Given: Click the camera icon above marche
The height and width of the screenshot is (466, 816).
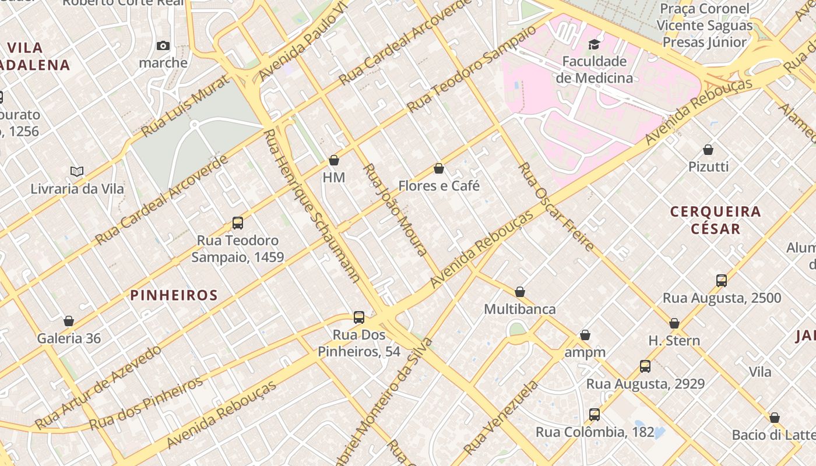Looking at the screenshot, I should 163,45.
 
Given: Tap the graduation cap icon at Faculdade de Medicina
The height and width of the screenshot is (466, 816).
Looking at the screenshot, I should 594,44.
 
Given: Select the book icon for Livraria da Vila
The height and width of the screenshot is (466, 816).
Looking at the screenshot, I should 77,171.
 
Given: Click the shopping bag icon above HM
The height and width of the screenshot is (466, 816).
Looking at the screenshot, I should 334,160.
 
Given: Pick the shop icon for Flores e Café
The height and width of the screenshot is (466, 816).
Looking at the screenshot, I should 439,168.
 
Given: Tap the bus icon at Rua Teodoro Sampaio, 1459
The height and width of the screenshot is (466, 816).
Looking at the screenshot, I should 237,223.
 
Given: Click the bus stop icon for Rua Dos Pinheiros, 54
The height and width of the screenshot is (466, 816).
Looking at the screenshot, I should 359,317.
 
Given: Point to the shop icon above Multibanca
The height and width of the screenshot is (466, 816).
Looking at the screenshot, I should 520,292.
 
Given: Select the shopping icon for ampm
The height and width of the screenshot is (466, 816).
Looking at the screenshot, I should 585,335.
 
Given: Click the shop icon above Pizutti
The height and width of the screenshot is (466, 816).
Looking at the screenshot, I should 708,150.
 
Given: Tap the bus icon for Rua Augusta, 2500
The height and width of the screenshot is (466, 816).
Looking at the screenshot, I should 722,281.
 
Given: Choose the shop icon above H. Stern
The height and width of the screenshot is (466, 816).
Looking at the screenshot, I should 674,323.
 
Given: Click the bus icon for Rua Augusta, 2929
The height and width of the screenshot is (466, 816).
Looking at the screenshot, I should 645,366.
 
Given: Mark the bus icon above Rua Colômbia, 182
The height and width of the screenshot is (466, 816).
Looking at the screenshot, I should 595,415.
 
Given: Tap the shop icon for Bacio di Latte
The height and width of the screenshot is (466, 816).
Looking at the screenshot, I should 775,418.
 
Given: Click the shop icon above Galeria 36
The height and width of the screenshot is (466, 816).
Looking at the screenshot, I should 69,321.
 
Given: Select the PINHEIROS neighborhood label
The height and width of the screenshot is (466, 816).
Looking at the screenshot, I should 174,295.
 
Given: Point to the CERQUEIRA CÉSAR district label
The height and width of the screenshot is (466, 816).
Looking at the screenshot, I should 716,220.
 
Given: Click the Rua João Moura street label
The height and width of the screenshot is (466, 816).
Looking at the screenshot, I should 396,210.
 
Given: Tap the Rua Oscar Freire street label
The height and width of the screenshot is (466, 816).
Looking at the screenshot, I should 556,207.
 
